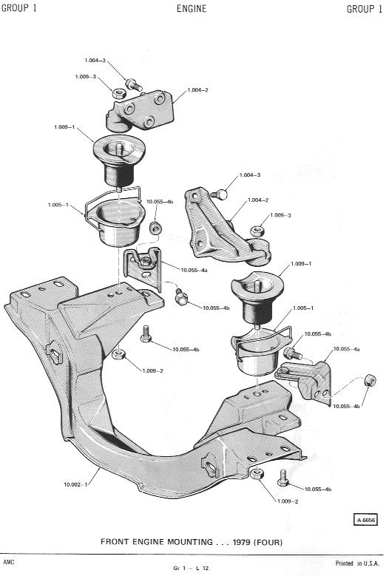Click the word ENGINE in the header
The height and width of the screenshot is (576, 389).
(192, 8)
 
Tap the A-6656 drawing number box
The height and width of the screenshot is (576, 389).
(365, 520)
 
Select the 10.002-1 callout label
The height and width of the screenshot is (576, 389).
(75, 484)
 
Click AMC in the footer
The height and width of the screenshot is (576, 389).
(7, 562)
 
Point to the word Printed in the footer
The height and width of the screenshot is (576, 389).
(344, 563)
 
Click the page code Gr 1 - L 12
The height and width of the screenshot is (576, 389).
(191, 568)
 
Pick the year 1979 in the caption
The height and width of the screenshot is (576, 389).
(241, 542)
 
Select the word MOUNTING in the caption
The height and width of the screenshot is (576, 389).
(189, 542)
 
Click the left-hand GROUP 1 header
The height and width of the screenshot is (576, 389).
(19, 8)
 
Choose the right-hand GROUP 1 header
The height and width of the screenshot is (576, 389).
(365, 9)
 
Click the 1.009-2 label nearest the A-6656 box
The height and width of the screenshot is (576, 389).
(288, 501)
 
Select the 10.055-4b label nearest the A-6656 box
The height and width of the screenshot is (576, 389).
(318, 489)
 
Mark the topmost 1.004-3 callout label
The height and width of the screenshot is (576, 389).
(95, 61)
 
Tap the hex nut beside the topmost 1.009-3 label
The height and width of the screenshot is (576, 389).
(118, 93)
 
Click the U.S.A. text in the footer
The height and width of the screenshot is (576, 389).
(371, 563)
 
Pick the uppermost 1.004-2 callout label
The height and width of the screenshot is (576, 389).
(197, 90)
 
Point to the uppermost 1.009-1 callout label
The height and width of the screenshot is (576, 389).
(64, 127)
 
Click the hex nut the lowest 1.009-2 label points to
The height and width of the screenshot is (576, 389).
(257, 474)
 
